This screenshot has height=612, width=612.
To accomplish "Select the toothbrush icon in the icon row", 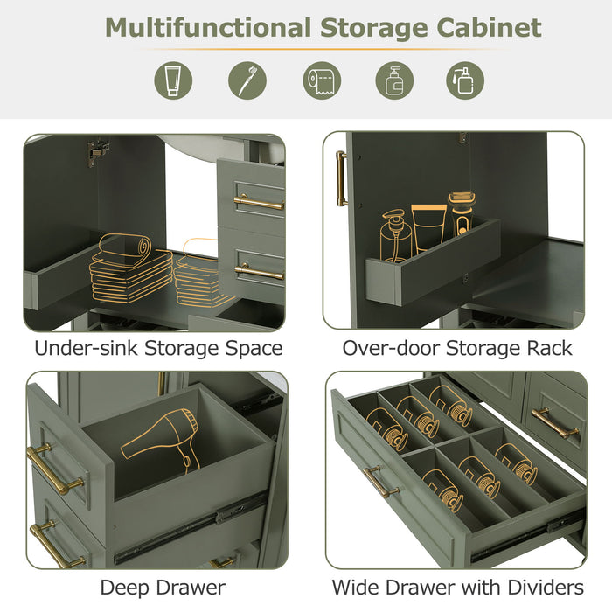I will (247, 80).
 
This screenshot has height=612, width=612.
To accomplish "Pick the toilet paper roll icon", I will (321, 80).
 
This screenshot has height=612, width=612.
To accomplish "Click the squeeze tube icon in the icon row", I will (173, 80).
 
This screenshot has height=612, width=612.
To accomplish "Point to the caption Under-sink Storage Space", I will (158, 348).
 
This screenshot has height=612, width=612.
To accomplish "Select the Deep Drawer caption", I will (163, 587).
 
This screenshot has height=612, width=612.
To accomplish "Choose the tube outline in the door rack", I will (428, 227).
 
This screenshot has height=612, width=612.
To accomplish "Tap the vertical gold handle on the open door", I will (341, 178).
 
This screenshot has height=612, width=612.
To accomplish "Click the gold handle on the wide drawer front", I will (380, 480).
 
